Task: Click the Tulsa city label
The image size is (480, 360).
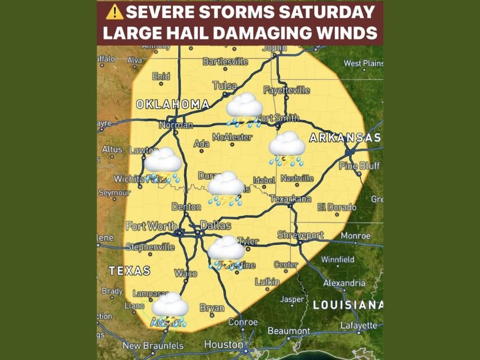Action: click(x=225, y=86)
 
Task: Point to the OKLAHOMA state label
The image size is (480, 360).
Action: click(x=172, y=104)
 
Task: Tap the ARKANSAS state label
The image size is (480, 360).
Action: click(x=345, y=139)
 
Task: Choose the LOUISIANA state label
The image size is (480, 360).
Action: click(x=348, y=305)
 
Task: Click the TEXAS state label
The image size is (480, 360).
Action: click(x=130, y=271)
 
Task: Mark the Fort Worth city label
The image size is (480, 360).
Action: click(x=151, y=226)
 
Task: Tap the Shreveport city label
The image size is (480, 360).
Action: click(x=300, y=235)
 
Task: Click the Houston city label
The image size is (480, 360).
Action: click(x=224, y=344)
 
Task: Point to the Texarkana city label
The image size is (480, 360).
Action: click(x=291, y=199)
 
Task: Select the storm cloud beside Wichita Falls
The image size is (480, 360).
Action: click(x=163, y=164)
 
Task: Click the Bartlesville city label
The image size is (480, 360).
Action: click(x=226, y=62)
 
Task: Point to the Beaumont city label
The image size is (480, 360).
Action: click(x=289, y=331)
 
